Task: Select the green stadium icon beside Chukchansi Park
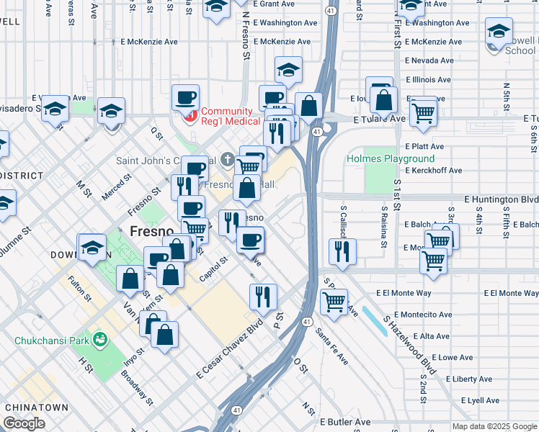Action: [x=101, y=338]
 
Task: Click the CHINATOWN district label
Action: [x=36, y=408]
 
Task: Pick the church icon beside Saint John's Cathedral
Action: [x=227, y=159]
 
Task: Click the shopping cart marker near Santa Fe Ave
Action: [x=334, y=302]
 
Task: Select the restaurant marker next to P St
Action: [x=263, y=297]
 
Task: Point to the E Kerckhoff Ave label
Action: [x=434, y=171]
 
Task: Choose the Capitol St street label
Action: [x=213, y=261]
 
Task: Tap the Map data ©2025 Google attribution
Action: [x=494, y=426]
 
